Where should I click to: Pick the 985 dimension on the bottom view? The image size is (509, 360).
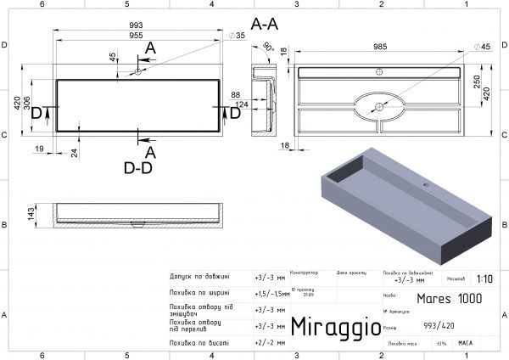click(379, 48)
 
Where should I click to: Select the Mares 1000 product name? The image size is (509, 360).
click(450, 298)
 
